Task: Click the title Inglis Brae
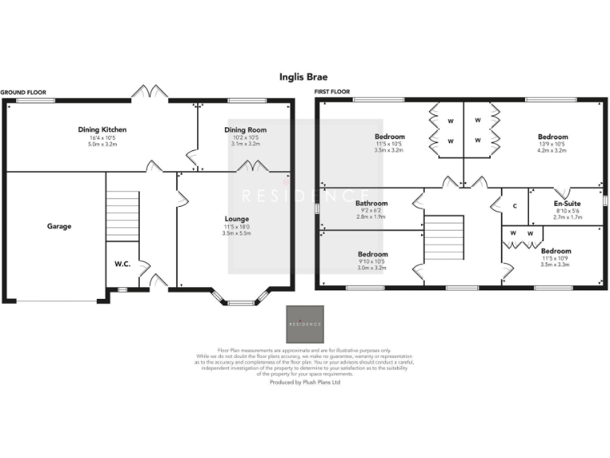click(x=303, y=77)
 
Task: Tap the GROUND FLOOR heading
click(x=23, y=93)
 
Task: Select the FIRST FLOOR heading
click(x=332, y=93)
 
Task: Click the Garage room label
click(x=58, y=226)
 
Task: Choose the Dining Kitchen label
click(x=102, y=130)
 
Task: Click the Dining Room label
click(x=245, y=130)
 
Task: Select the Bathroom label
click(x=371, y=203)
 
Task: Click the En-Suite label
click(x=566, y=203)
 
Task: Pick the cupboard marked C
click(x=515, y=206)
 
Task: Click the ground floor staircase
click(x=122, y=215)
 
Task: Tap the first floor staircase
click(x=445, y=238)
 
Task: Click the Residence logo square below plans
click(x=305, y=324)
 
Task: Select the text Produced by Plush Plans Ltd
click(x=304, y=382)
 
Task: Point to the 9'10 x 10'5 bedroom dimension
click(x=373, y=262)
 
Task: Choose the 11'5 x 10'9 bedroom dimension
click(x=556, y=258)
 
